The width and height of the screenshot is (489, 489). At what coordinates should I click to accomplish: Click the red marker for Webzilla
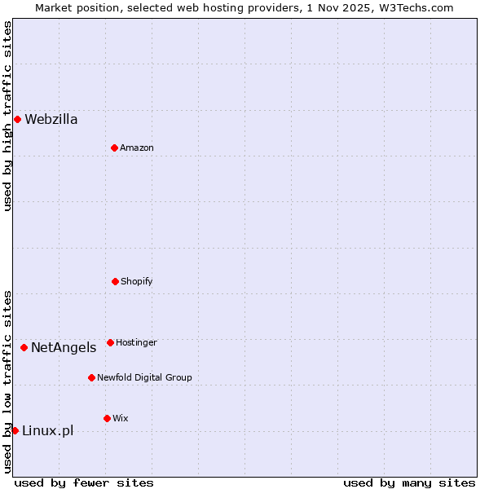[x=17, y=120]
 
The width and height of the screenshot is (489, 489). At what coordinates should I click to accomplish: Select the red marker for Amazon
[x=114, y=148]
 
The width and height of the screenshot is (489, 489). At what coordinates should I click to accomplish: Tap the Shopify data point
[x=115, y=281]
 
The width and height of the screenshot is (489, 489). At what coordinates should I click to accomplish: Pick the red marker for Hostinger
[x=110, y=342]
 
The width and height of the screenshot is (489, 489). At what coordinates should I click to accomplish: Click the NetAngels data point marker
[x=24, y=348]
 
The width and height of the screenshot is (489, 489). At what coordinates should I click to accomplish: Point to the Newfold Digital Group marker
[x=91, y=377]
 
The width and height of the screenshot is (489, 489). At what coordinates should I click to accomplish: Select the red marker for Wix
[x=107, y=418]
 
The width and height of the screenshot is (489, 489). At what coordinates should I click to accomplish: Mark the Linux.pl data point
[x=15, y=430]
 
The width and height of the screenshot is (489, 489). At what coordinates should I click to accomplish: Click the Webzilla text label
[x=51, y=120]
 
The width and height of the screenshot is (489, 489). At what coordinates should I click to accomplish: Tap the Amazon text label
[x=137, y=148]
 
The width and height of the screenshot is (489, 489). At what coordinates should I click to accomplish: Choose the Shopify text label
[x=137, y=281]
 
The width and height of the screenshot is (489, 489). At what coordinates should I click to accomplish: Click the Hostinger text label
[x=136, y=342]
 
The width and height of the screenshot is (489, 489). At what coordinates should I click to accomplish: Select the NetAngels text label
[x=64, y=348]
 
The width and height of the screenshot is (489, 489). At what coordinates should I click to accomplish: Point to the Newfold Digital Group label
[x=144, y=377]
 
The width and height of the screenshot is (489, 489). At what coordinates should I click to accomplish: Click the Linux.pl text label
[x=47, y=430]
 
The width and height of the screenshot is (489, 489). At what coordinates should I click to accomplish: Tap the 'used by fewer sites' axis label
[x=84, y=482]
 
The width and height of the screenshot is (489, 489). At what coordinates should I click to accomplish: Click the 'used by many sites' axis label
[x=409, y=482]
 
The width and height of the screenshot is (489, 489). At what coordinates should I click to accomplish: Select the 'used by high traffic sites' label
[x=8, y=116]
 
